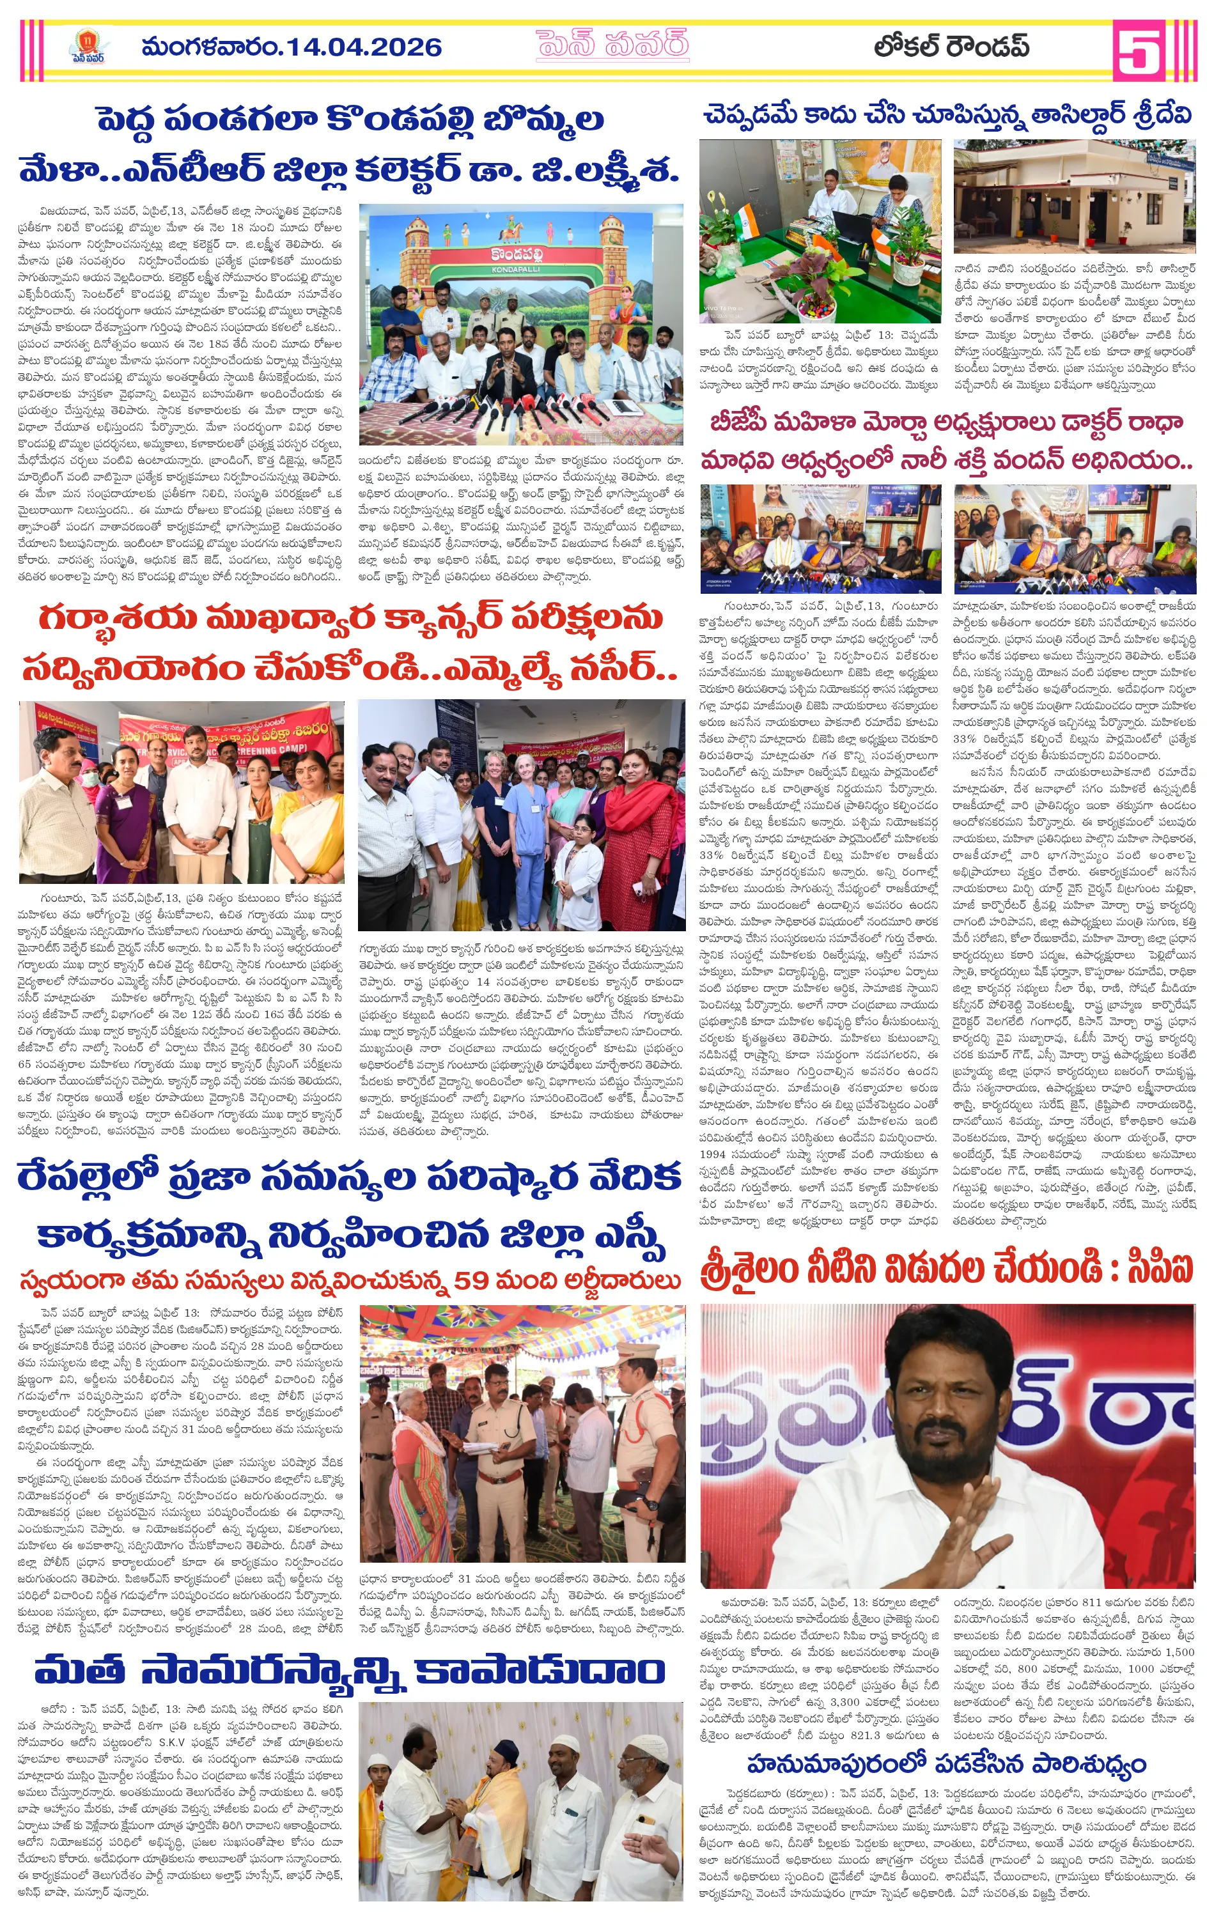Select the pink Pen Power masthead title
(x=612, y=46)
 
